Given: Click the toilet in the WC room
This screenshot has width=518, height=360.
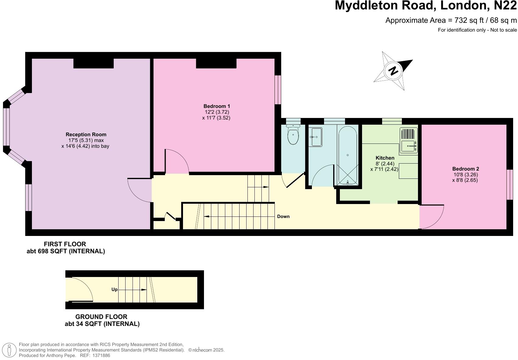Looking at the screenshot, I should pyautogui.click(x=293, y=135).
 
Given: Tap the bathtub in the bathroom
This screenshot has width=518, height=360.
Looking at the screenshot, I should pyautogui.click(x=348, y=155).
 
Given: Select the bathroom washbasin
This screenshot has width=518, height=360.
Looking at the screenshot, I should pyautogui.click(x=315, y=137).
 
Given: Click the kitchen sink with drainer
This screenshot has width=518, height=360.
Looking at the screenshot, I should pyautogui.click(x=409, y=140).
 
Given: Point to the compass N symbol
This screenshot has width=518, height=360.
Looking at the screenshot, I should pyautogui.click(x=393, y=71).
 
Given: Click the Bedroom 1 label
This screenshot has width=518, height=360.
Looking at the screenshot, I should pyautogui.click(x=216, y=106).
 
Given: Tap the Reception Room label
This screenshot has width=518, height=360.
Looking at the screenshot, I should pyautogui.click(x=86, y=134).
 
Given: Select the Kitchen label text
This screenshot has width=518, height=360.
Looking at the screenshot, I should pyautogui.click(x=385, y=158).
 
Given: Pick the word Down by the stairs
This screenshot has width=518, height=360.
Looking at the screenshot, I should pyautogui.click(x=283, y=216).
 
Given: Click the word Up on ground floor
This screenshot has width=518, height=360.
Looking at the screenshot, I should pyautogui.click(x=114, y=289).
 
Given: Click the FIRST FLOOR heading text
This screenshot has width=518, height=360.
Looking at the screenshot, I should pyautogui.click(x=65, y=244).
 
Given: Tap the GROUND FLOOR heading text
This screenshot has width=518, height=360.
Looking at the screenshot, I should pyautogui.click(x=101, y=317).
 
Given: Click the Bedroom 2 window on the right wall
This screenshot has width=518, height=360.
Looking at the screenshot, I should pyautogui.click(x=510, y=185).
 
